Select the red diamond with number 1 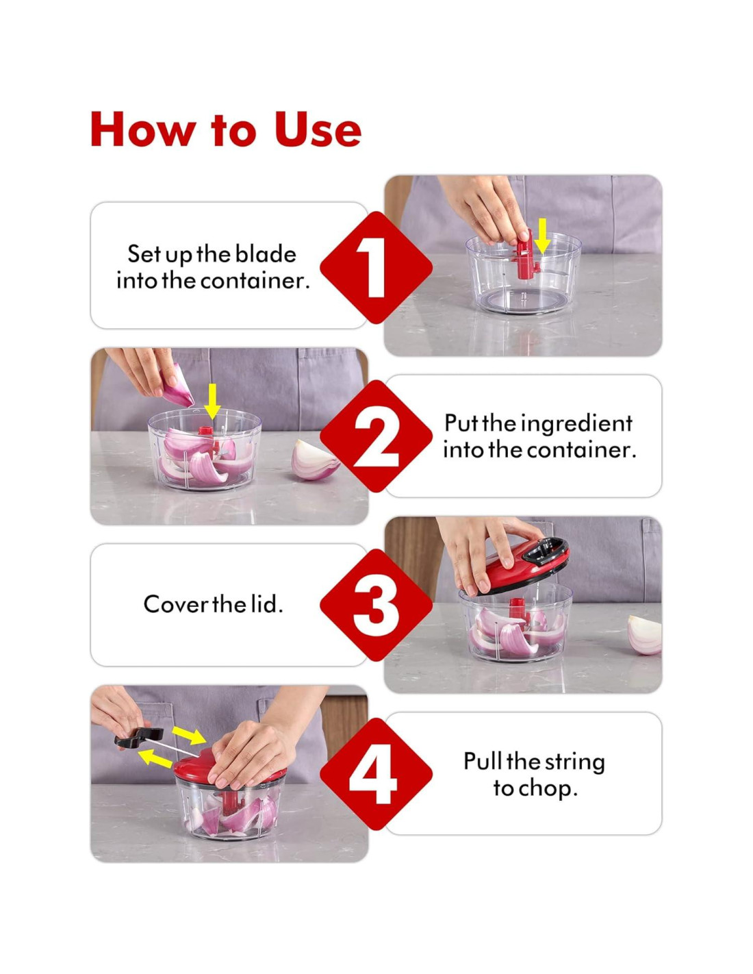click(x=376, y=268)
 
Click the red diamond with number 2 click(x=376, y=436)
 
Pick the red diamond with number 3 click(x=376, y=605)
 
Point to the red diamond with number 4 click(x=376, y=773)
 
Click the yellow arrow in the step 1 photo click(x=542, y=236)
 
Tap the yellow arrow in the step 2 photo click(x=212, y=401)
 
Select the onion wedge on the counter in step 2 click(x=314, y=460)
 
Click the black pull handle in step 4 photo click(x=139, y=737)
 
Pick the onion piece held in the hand click(x=176, y=385)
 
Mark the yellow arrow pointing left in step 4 click(x=155, y=759)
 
